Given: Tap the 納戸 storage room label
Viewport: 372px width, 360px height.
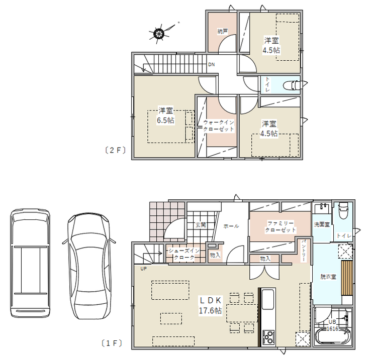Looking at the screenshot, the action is pos(223,31).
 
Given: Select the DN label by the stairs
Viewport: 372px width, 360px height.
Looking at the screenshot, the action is pos(211,64).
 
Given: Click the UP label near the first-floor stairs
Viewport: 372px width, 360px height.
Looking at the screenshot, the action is pos(144,269).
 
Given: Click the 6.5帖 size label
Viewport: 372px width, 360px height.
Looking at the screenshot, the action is pos(165,120).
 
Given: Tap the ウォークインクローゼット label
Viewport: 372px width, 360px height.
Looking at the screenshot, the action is pos(219,126).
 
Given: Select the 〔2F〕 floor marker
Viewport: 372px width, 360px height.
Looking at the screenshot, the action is pos(115,150).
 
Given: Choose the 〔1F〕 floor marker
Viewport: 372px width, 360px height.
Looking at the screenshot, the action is pos(112,343).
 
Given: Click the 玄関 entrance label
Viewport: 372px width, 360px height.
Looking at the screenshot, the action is pos(201,224).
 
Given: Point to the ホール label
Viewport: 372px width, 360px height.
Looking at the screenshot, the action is pos(231,226).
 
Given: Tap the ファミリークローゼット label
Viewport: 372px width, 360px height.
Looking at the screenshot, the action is pos(281,226).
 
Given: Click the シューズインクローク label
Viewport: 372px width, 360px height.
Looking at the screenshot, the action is pos(184,254).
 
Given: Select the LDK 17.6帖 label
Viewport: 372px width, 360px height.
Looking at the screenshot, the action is pos(211,305).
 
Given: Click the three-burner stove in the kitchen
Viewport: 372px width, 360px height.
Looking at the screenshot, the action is pos(268,337).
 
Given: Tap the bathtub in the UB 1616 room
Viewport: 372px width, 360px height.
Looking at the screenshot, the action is pos(332,336).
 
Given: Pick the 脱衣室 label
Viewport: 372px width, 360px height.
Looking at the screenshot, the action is pos(328,277).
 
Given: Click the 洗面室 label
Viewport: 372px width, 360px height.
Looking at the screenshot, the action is pos(322,224).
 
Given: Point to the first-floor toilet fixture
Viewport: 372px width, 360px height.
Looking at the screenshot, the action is pos(343,210).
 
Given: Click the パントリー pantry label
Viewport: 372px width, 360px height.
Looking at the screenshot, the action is pos(304,251).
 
